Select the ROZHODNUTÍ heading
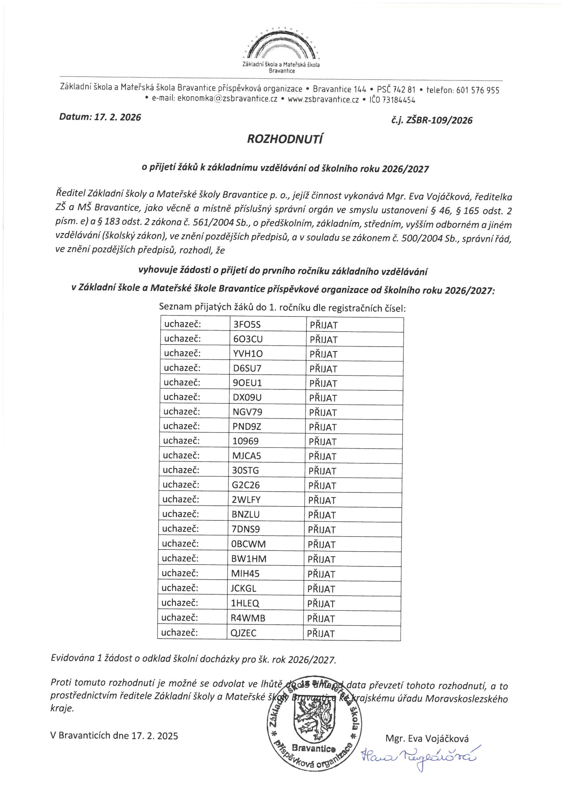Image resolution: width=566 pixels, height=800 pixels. pyautogui.click(x=285, y=139)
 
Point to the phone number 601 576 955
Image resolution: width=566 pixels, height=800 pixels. pyautogui.click(x=477, y=90)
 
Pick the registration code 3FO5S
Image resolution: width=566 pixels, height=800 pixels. pyautogui.click(x=247, y=325)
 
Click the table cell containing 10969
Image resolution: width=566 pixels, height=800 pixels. pyautogui.click(x=246, y=441)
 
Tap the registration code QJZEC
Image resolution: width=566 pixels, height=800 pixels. pyautogui.click(x=243, y=633)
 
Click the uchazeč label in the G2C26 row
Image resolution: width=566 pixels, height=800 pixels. pyautogui.click(x=181, y=485)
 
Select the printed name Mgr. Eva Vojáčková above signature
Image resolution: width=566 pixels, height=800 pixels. pyautogui.click(x=427, y=738)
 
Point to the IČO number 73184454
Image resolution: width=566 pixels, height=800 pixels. pyautogui.click(x=399, y=100)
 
